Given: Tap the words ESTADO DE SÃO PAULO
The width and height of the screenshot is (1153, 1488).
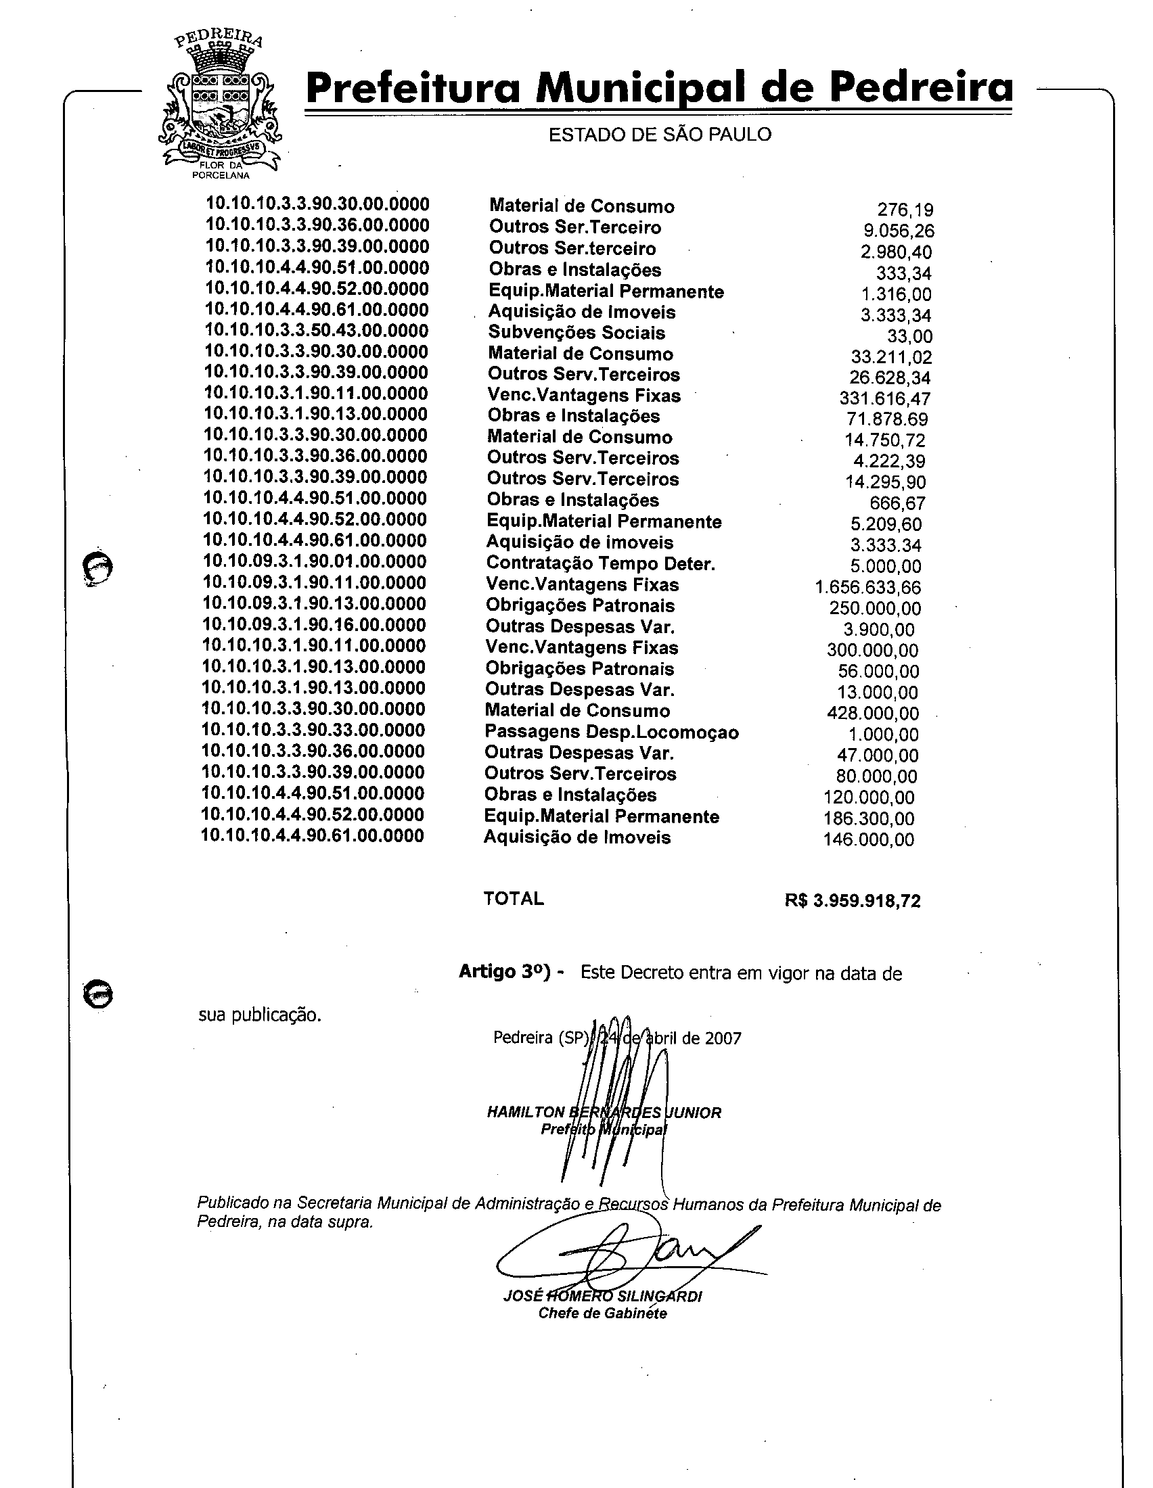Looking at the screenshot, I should click(x=660, y=135).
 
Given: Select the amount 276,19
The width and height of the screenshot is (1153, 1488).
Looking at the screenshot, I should click(x=905, y=210).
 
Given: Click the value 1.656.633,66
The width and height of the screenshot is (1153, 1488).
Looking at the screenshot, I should click(x=867, y=587).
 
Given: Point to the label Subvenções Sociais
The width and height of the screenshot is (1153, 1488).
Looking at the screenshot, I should click(x=576, y=333).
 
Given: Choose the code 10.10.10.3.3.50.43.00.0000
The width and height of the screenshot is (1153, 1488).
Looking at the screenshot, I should click(x=317, y=331).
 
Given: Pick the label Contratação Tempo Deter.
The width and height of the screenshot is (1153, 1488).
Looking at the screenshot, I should click(x=600, y=564).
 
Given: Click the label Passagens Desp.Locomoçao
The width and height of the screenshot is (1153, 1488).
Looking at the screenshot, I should click(x=611, y=733).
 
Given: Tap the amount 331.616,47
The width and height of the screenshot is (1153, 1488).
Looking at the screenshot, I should click(x=884, y=398).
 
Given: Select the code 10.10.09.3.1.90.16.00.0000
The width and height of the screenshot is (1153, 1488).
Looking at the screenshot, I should click(x=314, y=625).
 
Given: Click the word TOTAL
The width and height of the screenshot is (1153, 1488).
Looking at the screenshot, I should click(x=514, y=899).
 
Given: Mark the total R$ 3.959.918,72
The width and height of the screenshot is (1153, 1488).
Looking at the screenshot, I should click(x=853, y=902).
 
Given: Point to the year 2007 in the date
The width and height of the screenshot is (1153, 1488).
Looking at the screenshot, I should click(x=723, y=1038).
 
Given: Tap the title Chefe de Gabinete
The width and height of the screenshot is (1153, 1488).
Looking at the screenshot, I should click(x=602, y=1313).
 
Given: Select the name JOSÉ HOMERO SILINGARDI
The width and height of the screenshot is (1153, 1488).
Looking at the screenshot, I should click(x=602, y=1297).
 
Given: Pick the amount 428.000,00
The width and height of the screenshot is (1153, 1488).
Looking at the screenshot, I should click(x=872, y=714).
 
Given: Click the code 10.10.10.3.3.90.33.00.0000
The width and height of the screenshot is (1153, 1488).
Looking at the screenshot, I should click(x=313, y=730).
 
